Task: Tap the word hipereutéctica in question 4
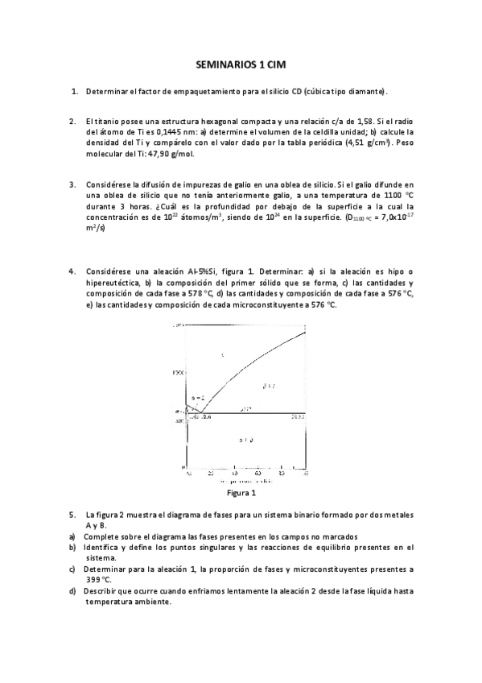pyautogui.click(x=113, y=284)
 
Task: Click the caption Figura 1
pyautogui.click(x=242, y=492)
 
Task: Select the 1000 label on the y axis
pyautogui.click(x=179, y=371)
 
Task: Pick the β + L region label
pyautogui.click(x=270, y=387)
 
